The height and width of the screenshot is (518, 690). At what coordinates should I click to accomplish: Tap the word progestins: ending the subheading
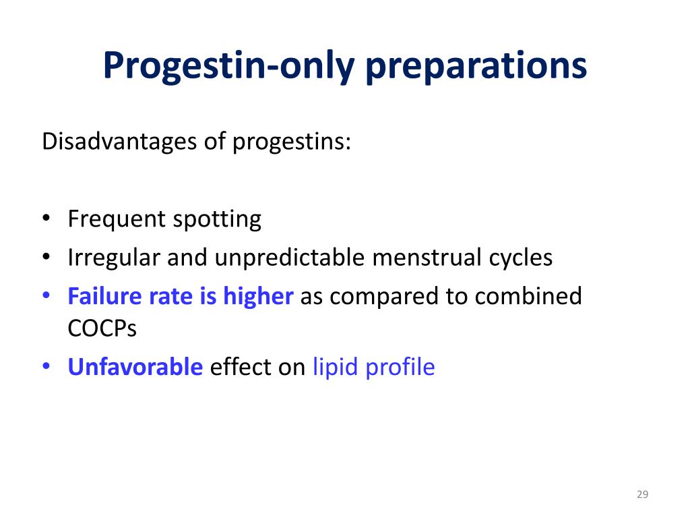(x=292, y=142)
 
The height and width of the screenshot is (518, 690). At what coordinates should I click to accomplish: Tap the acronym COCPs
(x=102, y=328)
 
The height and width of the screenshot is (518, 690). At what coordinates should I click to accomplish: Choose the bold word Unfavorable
(x=135, y=367)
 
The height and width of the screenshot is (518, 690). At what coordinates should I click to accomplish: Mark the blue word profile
(x=400, y=367)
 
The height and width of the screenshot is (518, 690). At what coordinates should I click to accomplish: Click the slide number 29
(x=641, y=495)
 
